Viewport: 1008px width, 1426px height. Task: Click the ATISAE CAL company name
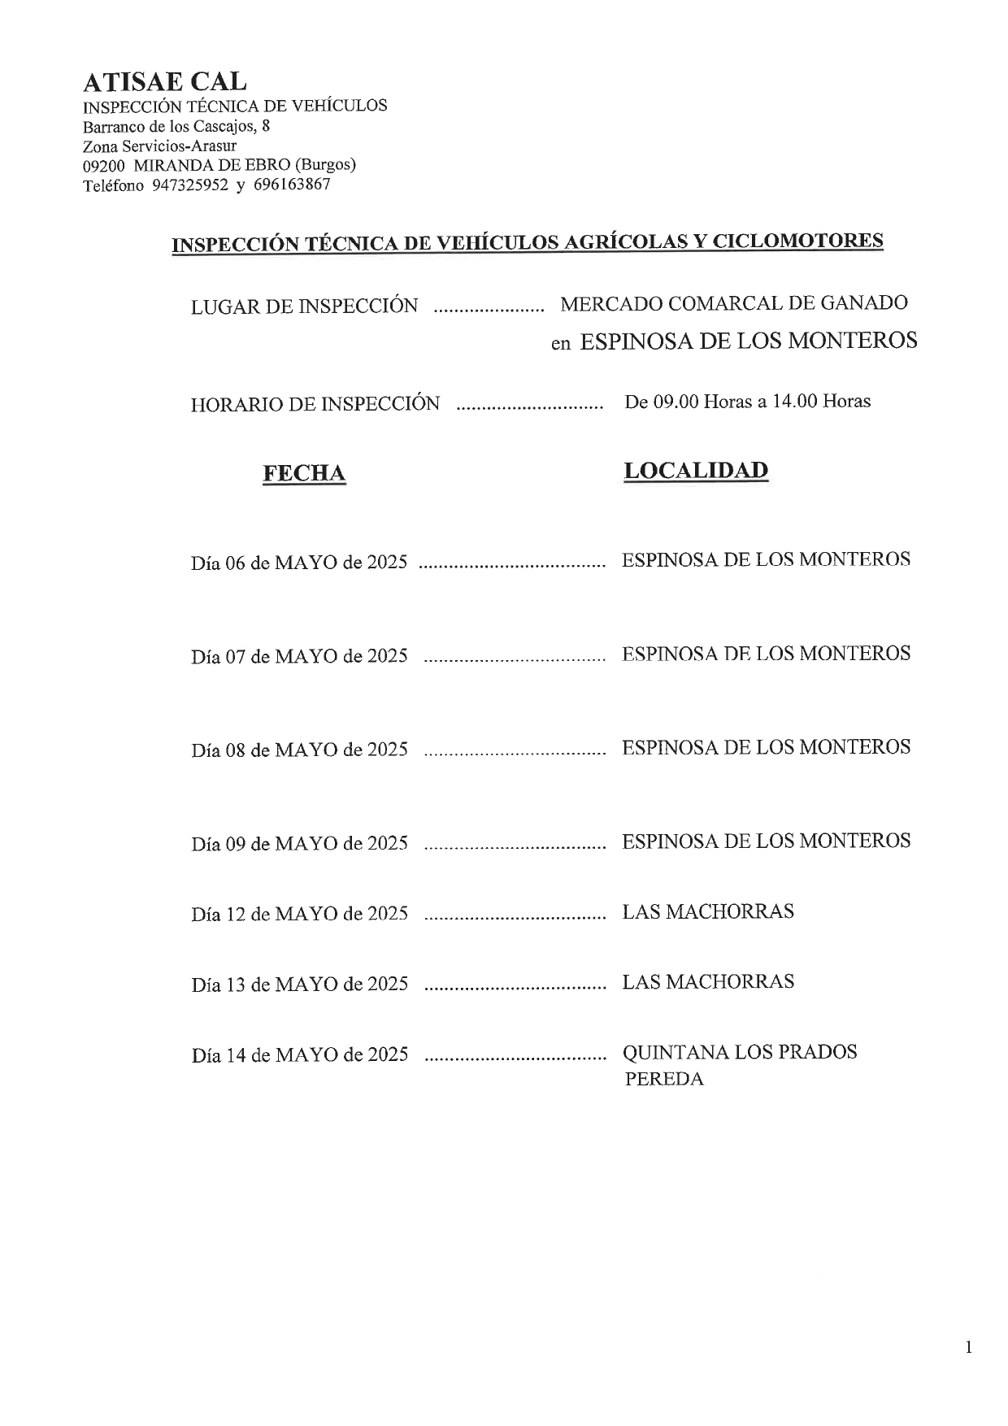tap(164, 81)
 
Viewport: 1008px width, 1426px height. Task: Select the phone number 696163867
tap(292, 185)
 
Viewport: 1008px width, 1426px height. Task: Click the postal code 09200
tap(103, 165)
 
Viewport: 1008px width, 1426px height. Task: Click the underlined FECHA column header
tap(304, 473)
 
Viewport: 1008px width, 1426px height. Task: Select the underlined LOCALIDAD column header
tap(696, 471)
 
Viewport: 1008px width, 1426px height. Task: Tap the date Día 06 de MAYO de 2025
tap(299, 562)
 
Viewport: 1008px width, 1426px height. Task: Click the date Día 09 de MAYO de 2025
tap(299, 843)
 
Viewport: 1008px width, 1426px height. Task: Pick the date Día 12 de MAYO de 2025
tap(299, 914)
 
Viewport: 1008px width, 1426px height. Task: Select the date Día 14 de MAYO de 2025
tap(299, 1055)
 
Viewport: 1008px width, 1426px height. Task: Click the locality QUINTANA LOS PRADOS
tap(740, 1052)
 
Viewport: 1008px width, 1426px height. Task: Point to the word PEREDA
tap(664, 1080)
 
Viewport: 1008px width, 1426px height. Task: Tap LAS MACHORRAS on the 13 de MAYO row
tap(708, 982)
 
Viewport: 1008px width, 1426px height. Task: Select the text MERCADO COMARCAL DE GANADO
tap(734, 303)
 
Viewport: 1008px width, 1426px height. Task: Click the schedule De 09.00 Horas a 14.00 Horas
tap(747, 401)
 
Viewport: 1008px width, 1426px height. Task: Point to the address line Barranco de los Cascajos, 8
tap(176, 126)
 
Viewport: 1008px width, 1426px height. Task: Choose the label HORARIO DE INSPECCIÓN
tap(315, 404)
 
